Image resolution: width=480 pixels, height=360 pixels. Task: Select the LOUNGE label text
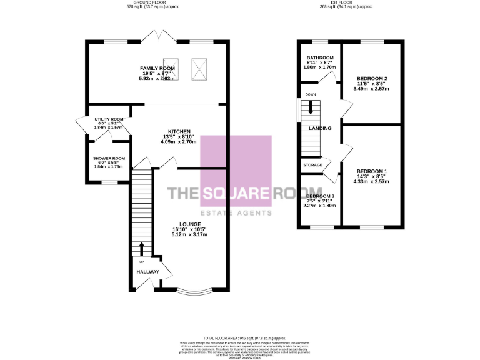click(x=189, y=224)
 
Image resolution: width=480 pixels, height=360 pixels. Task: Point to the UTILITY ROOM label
click(x=109, y=119)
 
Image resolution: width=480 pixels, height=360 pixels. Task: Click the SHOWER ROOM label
click(x=109, y=158)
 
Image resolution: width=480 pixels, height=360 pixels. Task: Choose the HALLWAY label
click(x=147, y=272)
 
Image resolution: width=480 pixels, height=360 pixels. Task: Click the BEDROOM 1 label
click(x=372, y=171)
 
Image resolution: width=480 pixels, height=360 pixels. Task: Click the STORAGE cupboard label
click(x=312, y=165)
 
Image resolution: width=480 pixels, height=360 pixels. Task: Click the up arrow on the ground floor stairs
click(x=141, y=248)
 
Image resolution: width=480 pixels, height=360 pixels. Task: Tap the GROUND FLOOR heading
click(x=144, y=2)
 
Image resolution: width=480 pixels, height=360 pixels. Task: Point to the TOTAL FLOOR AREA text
click(x=240, y=337)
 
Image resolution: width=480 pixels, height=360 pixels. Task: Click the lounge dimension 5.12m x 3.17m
click(x=189, y=235)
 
